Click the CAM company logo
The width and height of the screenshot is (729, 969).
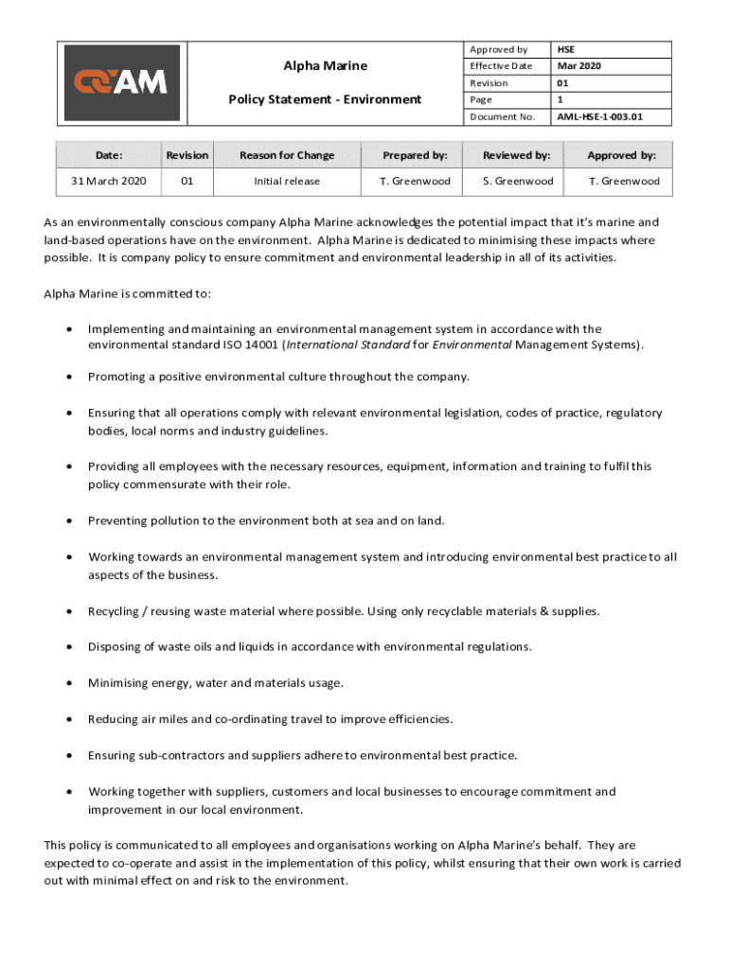click(121, 82)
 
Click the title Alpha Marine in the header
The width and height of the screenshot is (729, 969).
click(326, 65)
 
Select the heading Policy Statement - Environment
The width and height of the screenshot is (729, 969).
click(326, 98)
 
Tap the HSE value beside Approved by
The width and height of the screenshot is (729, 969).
click(566, 49)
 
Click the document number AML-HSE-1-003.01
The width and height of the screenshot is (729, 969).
click(599, 117)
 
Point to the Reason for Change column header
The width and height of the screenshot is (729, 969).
click(287, 155)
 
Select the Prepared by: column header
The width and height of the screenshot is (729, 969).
click(415, 155)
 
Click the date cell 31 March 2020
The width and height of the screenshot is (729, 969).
click(109, 181)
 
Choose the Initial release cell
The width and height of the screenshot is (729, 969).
click(287, 181)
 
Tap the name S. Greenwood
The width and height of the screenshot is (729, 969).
click(518, 181)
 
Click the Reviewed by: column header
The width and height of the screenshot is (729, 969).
click(517, 155)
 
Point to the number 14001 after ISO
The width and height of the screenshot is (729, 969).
click(262, 345)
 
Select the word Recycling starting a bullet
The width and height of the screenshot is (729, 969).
click(113, 611)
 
